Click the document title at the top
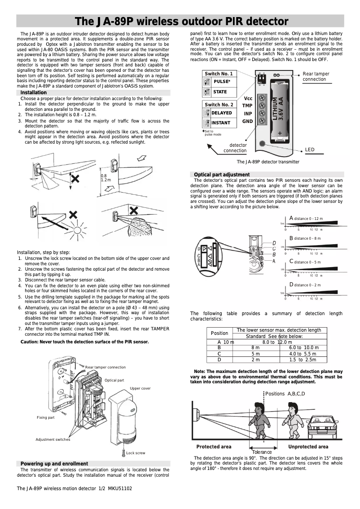tap(181, 22)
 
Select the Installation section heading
tap(33, 92)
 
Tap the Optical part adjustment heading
tap(221, 174)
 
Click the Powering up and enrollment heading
tap(54, 463)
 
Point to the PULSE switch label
tap(222, 82)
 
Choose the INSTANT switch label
tap(220, 123)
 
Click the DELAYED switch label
tap(221, 113)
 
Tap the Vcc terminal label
tap(248, 98)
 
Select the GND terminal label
tap(247, 121)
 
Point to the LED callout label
tap(310, 149)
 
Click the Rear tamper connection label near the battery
tap(316, 76)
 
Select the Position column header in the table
tap(220, 333)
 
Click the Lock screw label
tap(136, 453)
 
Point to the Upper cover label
tap(140, 388)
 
